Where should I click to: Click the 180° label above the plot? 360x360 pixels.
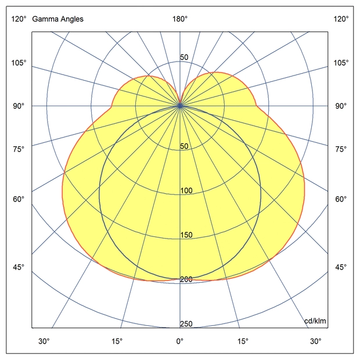click(180, 19)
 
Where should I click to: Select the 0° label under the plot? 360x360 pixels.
click(180, 341)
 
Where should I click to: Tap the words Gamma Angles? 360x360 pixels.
click(58, 19)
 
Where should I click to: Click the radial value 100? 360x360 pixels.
click(186, 191)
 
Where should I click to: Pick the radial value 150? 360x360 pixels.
click(186, 235)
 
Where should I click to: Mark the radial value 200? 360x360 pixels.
click(186, 279)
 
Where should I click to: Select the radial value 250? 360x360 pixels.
click(186, 324)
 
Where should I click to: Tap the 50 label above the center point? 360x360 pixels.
click(184, 57)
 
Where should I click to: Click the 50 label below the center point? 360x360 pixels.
click(184, 146)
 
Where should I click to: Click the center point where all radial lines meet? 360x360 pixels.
click(180, 106)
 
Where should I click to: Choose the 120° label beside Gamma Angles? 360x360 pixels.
click(18, 19)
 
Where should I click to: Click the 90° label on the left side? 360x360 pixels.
click(18, 106)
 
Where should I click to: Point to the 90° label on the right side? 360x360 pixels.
click(341, 106)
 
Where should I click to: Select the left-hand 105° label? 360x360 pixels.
click(18, 63)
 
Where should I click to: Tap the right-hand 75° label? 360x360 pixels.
click(341, 149)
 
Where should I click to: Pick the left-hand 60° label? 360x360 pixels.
click(18, 199)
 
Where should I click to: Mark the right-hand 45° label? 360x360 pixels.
click(341, 267)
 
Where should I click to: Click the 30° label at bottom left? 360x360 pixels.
click(44, 341)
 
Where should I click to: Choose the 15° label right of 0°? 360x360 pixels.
click(243, 341)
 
